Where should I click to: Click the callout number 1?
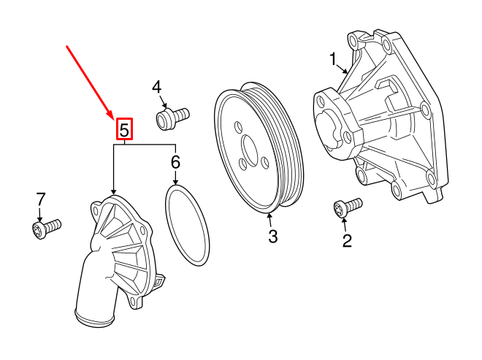[333, 58]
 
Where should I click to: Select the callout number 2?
[347, 240]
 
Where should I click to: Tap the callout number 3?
[272, 236]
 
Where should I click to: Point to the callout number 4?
[157, 88]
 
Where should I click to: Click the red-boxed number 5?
[124, 130]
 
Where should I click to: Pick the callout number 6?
[175, 161]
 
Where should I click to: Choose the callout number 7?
[41, 199]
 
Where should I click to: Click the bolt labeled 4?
[172, 116]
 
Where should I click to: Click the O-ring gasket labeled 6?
[187, 226]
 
